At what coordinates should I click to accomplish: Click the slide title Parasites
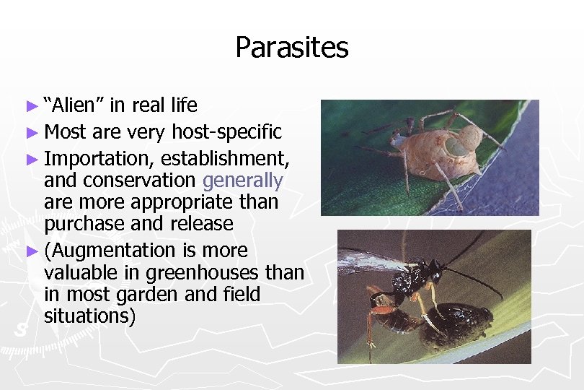(x=291, y=48)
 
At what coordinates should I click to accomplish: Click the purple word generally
(x=243, y=180)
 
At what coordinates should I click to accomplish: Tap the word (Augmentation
(x=110, y=250)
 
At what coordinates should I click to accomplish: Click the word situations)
(x=89, y=316)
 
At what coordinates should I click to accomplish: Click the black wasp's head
(x=434, y=270)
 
